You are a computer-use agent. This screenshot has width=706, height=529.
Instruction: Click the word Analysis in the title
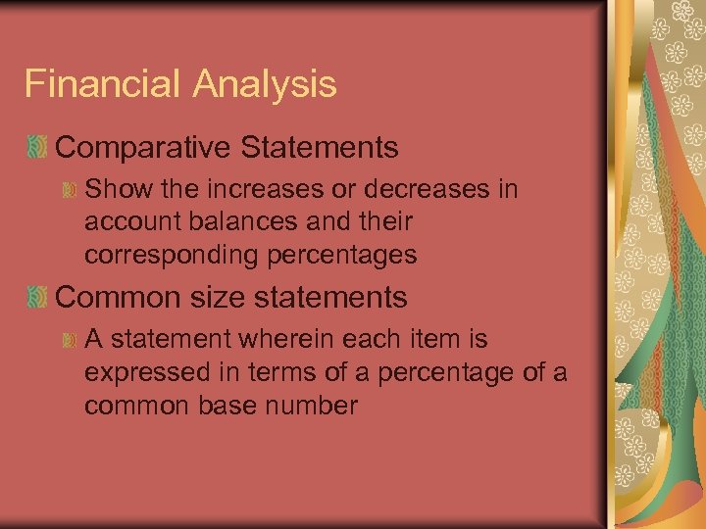tap(265, 85)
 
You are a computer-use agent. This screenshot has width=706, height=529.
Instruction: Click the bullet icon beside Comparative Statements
tap(37, 149)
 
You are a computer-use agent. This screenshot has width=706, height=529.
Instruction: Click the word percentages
tap(343, 256)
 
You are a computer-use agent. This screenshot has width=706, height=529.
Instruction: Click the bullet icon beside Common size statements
tap(37, 297)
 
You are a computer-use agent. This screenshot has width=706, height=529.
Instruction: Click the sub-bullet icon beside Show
tap(70, 189)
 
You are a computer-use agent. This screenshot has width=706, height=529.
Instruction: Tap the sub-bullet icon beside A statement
tap(70, 340)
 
